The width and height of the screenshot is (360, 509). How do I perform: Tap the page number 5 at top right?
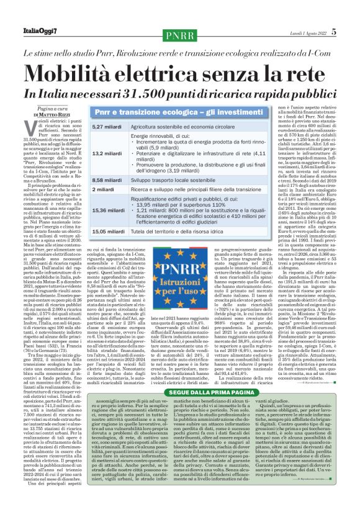click(351, 13)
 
